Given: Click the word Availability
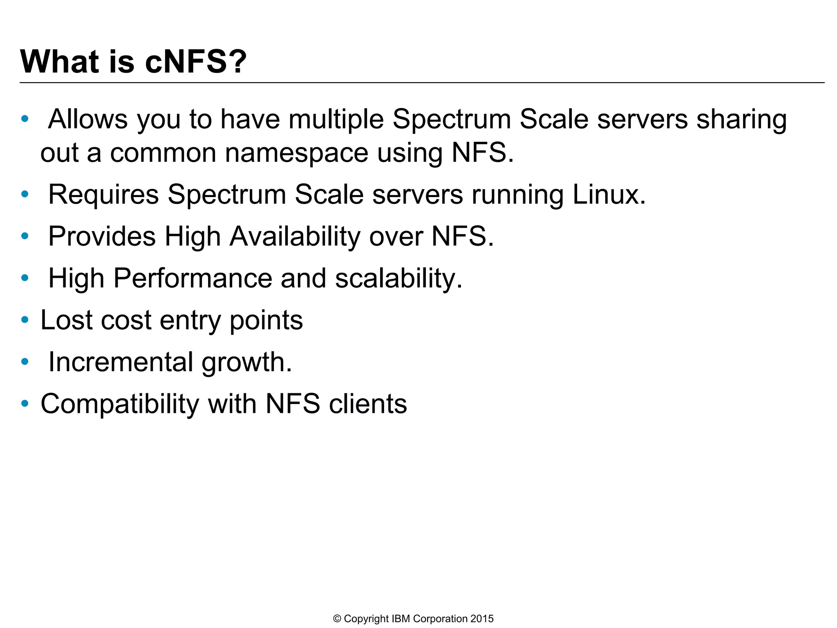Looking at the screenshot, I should point(295,236).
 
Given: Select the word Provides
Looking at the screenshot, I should point(102,236).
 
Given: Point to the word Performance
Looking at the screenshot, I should point(192,278).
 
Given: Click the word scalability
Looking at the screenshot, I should point(398,278).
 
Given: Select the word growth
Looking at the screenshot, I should point(247,363).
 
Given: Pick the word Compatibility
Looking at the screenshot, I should point(120,404).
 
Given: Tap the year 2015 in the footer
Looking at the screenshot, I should point(482,619).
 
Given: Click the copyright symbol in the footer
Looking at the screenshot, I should point(337,619).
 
